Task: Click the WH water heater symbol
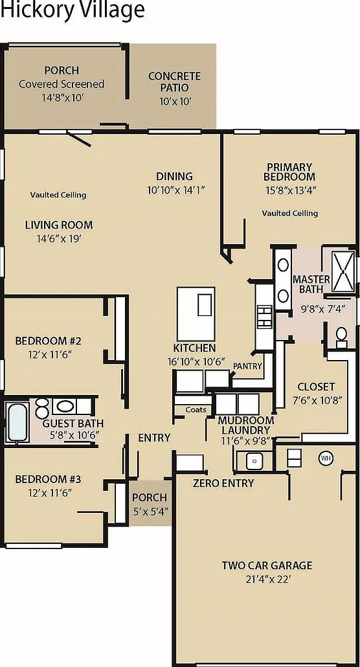(326, 458)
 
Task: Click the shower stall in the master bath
(343, 271)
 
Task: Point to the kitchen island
(196, 313)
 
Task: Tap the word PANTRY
(247, 366)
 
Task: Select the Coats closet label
(196, 410)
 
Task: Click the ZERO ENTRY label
(223, 483)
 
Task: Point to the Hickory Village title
(73, 10)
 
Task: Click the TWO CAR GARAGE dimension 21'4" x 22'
(267, 579)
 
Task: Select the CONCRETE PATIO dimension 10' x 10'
(175, 101)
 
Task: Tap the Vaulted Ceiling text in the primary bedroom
(290, 213)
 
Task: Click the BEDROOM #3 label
(48, 479)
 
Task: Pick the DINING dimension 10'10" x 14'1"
(176, 190)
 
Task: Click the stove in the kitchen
(265, 317)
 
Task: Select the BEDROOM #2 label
(48, 341)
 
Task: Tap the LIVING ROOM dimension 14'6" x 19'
(59, 239)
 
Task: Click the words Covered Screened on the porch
(62, 84)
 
